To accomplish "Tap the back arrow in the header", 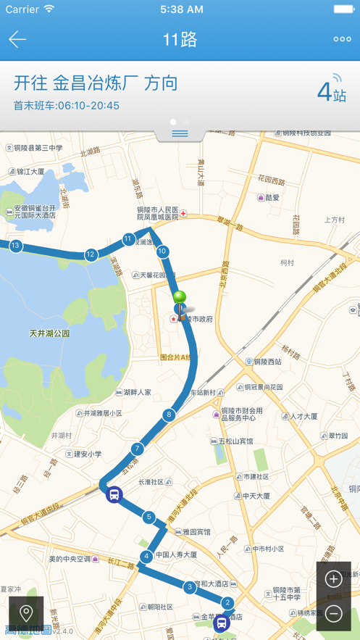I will pos(17,40).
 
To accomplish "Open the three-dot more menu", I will pos(342,40).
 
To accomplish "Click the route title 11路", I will pos(180,40).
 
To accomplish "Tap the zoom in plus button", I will pos(333,578).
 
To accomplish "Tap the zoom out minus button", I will pos(333,614).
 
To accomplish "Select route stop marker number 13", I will pos(15,246).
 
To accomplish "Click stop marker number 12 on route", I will pos(91,254).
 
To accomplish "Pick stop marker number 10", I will pos(162,252).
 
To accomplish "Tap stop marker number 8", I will pos(169,415).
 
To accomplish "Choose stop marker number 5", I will pos(148,517).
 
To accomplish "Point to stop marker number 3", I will pos(190,587).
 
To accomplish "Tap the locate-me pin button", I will pos(26,614).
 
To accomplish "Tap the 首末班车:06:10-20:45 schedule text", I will pos(67,106).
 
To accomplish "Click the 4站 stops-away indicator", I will pos(332,92).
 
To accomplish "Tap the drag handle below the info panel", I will pos(180,133).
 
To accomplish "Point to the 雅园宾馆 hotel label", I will pos(192,531).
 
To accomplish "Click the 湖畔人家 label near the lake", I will pos(137,392).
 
